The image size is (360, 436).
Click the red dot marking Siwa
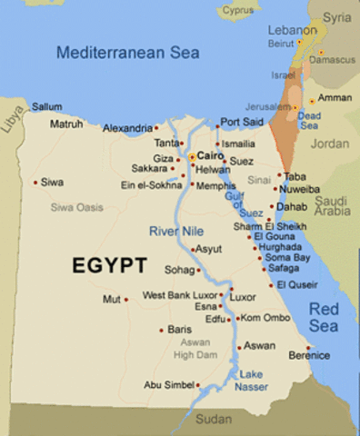tap(35, 183)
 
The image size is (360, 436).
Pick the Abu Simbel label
tap(168, 385)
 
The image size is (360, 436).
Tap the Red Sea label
tap(325, 317)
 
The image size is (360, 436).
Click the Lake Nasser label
tap(253, 381)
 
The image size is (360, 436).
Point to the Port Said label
tap(242, 121)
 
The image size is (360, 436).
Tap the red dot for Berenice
tap(308, 348)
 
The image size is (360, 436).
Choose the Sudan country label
tap(214, 420)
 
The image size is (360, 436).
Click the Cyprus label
tap(239, 12)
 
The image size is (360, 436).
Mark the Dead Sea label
tap(309, 121)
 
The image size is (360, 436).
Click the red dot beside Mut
tap(126, 298)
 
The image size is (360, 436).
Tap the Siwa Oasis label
tap(75, 207)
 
